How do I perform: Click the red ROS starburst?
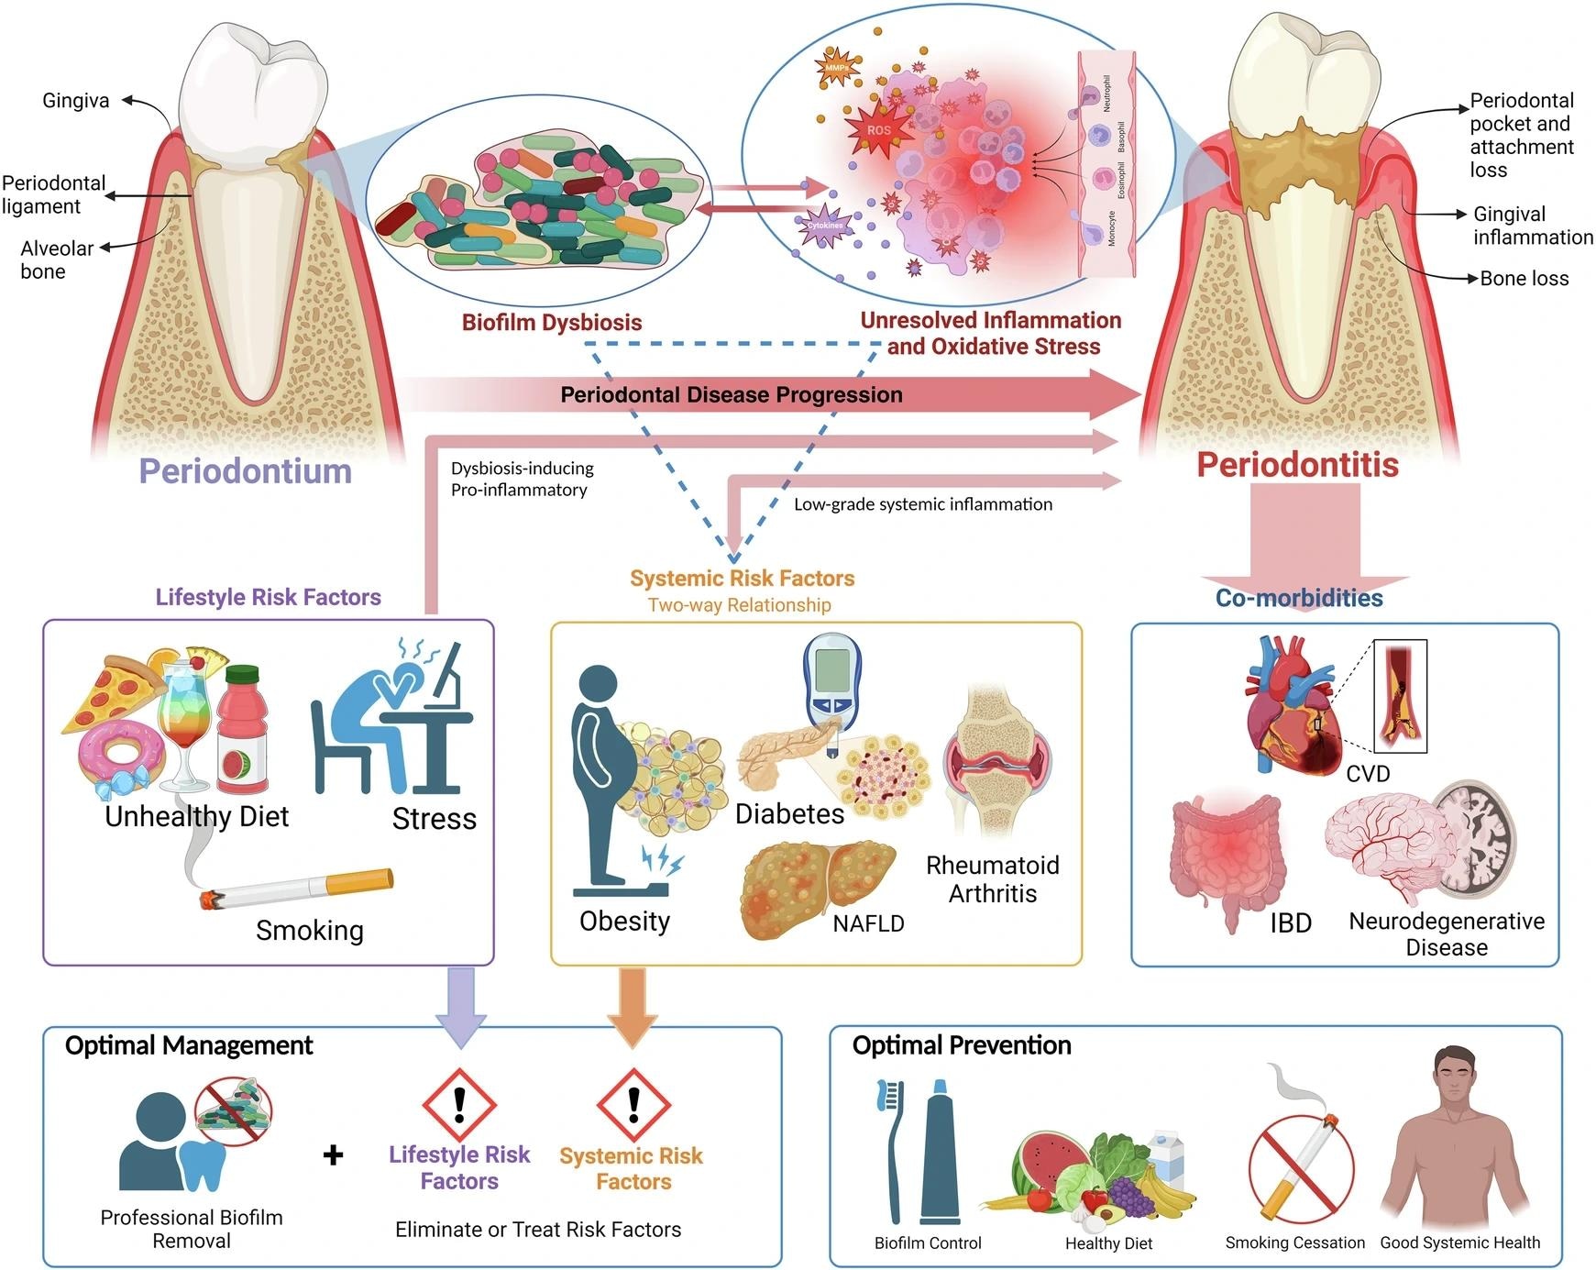pyautogui.click(x=877, y=130)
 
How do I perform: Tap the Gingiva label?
pyautogui.click(x=76, y=101)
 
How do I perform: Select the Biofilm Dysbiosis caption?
pyautogui.click(x=552, y=323)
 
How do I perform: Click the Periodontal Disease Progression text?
pyautogui.click(x=731, y=395)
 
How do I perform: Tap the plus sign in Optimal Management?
pyautogui.click(x=334, y=1154)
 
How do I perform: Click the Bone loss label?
pyautogui.click(x=1524, y=279)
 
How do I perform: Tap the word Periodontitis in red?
pyautogui.click(x=1297, y=465)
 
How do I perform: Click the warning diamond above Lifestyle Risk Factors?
pyautogui.click(x=459, y=1104)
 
